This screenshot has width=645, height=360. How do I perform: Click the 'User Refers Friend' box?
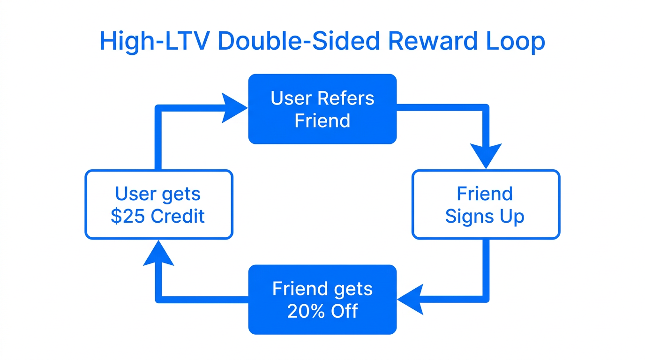click(322, 109)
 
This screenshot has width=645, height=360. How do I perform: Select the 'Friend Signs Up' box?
click(485, 204)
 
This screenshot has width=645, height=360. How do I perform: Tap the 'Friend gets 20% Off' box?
click(322, 300)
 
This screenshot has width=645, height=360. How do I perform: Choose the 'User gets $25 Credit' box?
click(158, 204)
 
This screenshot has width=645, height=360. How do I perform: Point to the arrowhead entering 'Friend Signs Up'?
click(486, 156)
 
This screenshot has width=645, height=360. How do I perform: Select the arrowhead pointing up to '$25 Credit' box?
click(158, 254)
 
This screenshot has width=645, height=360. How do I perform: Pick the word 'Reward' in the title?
click(429, 42)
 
